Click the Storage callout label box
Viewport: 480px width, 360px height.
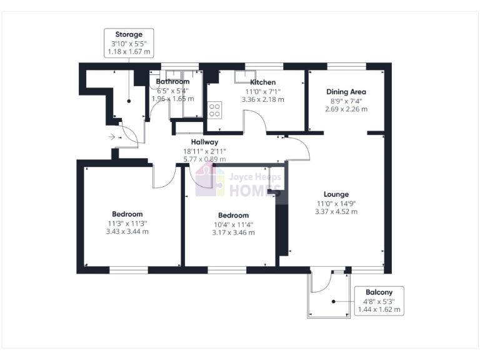[x=129, y=43]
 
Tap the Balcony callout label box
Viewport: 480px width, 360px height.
[x=379, y=301]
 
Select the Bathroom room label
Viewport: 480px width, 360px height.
[x=172, y=82]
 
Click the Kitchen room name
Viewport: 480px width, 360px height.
[x=263, y=82]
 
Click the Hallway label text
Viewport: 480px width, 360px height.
[x=204, y=142]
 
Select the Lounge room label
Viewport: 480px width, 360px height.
[x=336, y=194]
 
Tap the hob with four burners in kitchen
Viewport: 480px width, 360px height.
[x=215, y=110]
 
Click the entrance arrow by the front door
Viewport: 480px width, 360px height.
[x=111, y=136]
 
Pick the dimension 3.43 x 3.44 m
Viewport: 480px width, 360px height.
[x=127, y=232]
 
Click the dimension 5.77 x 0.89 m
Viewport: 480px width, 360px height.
[x=204, y=159]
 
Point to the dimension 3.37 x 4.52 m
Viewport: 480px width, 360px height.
[x=336, y=212]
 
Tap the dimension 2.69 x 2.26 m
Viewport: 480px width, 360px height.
[x=346, y=109]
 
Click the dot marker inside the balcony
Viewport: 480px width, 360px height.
[x=334, y=302]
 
